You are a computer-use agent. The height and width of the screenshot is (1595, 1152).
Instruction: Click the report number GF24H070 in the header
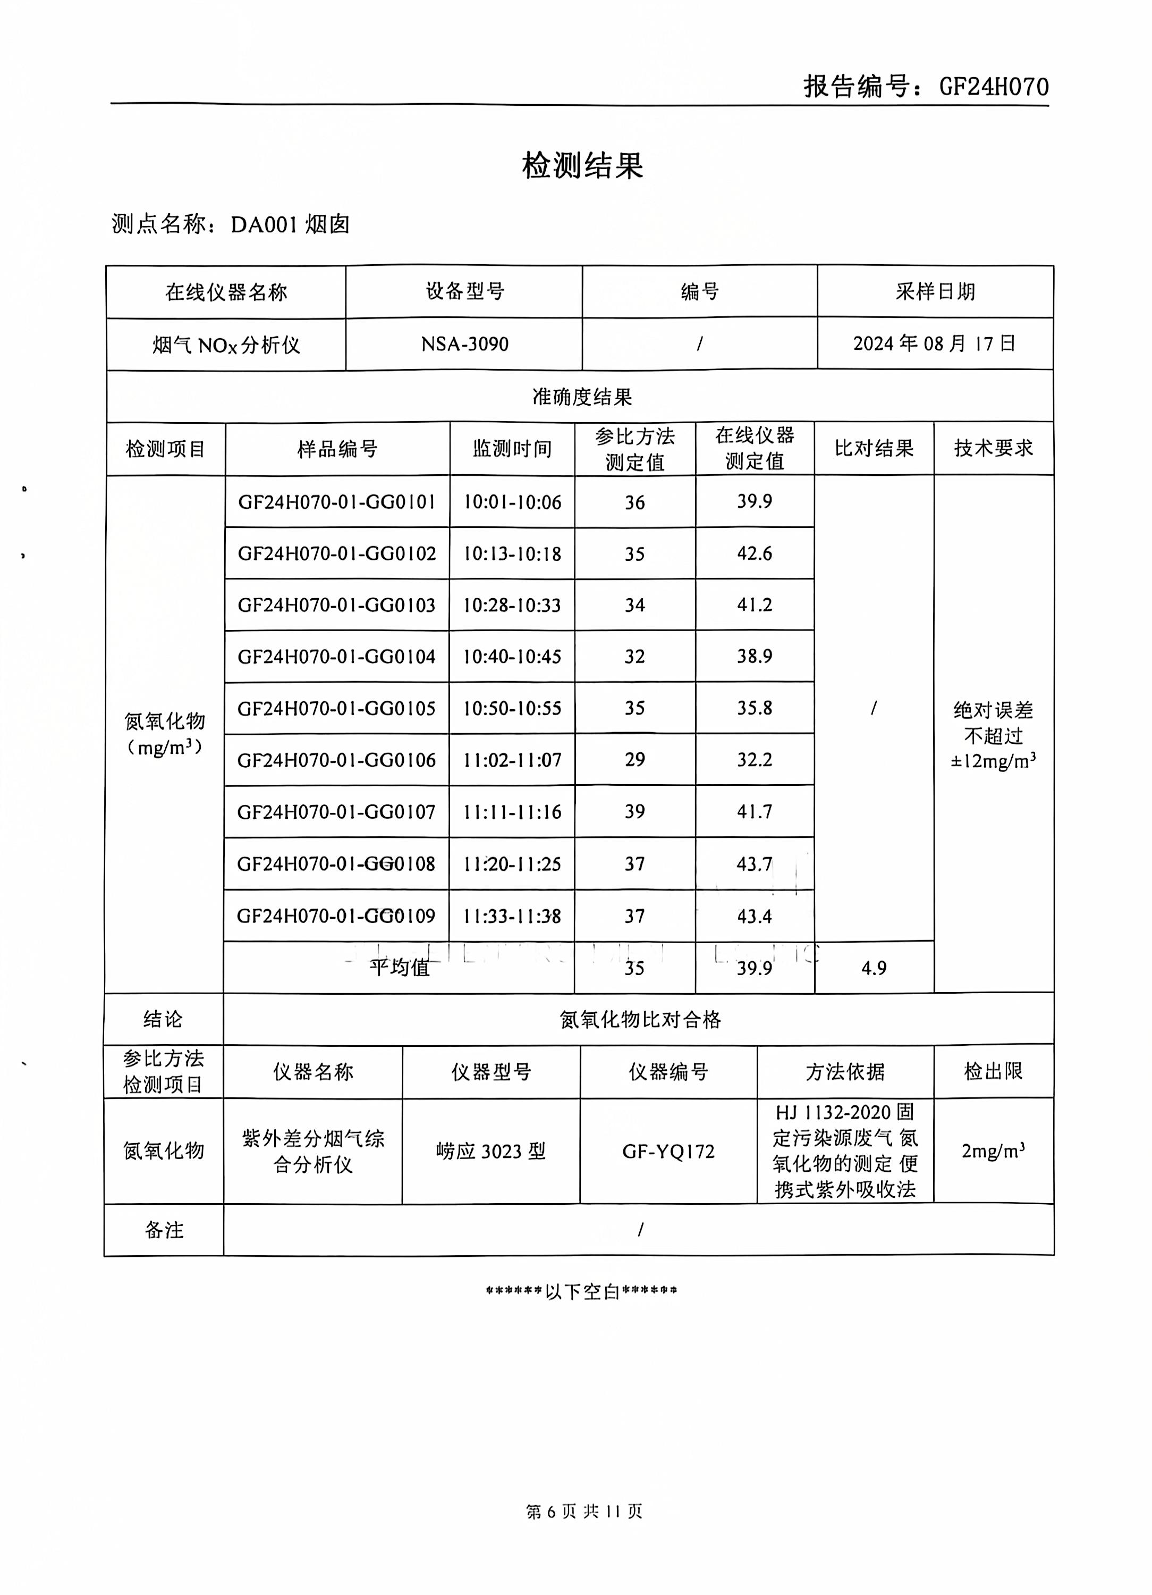(x=993, y=87)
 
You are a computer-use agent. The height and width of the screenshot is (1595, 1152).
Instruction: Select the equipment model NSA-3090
(x=464, y=344)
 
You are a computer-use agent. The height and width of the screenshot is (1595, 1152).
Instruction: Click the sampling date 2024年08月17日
(x=934, y=343)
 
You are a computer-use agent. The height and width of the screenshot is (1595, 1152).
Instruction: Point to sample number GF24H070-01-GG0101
(x=337, y=502)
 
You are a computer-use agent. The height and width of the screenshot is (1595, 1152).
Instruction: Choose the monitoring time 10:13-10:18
(x=512, y=554)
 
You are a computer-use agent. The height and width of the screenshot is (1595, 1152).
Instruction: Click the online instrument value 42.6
(x=754, y=553)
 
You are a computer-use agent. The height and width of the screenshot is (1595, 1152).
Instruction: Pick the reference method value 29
(x=634, y=760)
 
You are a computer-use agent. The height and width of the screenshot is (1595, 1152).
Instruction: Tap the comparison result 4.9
(x=874, y=968)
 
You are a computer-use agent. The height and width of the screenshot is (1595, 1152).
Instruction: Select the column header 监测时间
(x=512, y=449)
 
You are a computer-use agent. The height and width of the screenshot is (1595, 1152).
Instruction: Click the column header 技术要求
(x=993, y=448)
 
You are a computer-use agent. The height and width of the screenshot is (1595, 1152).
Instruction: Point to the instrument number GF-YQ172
(x=668, y=1151)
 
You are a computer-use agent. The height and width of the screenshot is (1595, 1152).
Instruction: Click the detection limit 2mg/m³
(x=993, y=1151)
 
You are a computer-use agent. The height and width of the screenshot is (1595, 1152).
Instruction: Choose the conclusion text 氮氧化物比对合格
(x=640, y=1020)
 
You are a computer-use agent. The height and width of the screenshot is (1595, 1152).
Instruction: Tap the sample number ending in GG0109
(x=336, y=916)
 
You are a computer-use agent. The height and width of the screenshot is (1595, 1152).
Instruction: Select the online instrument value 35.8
(x=754, y=708)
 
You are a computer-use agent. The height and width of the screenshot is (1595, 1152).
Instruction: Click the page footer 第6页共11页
(x=583, y=1510)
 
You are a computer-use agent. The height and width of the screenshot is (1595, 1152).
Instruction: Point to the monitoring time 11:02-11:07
(x=512, y=760)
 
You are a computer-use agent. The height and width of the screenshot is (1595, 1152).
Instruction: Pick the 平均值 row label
(x=399, y=968)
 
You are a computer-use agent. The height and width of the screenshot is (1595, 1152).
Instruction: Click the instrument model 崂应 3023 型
(x=490, y=1151)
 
